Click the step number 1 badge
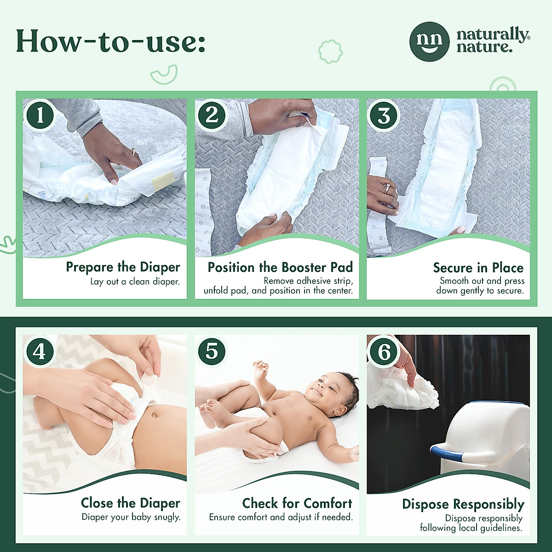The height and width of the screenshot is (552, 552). tap(40, 115)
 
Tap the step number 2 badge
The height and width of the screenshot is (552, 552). tap(212, 115)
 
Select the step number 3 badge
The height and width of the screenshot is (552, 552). tap(384, 115)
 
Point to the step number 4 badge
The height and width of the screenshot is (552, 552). tap(40, 352)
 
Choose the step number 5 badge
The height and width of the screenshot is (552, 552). tap(212, 352)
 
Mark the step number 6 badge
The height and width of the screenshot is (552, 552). tap(384, 352)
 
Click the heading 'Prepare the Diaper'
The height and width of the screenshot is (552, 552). tap(123, 267)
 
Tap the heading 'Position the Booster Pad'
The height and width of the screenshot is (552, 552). tap(280, 267)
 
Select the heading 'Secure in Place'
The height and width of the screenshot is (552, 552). tap(478, 268)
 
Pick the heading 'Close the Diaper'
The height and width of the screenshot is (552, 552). tap(131, 503)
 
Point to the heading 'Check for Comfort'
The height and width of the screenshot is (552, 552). tap(297, 503)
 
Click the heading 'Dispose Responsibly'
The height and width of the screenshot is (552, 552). tap(463, 504)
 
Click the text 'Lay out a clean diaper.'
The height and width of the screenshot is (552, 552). tap(135, 282)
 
